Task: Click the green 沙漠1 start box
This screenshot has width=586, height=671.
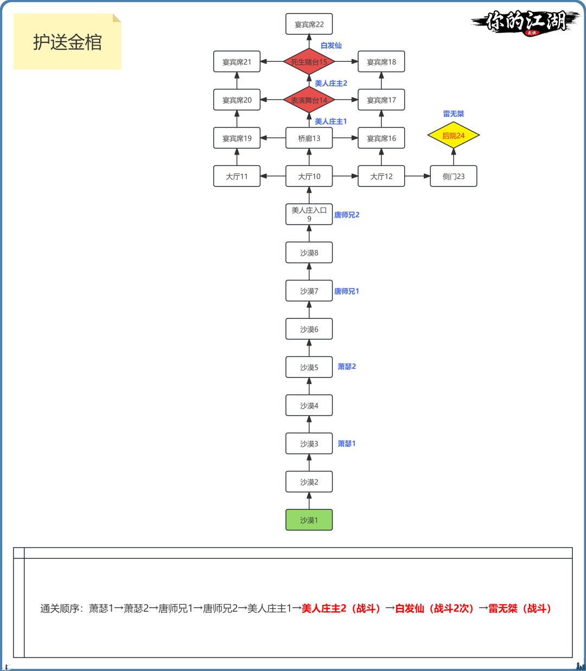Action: pyautogui.click(x=309, y=520)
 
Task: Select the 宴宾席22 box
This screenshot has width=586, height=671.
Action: pyautogui.click(x=309, y=24)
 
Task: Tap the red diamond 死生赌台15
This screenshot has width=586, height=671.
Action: pyautogui.click(x=309, y=62)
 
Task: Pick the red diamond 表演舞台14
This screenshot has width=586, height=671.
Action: pyautogui.click(x=309, y=100)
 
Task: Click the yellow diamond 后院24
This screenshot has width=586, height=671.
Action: pyautogui.click(x=453, y=136)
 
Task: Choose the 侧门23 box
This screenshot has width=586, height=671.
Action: pyautogui.click(x=453, y=176)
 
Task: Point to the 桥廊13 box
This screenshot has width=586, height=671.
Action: pyautogui.click(x=309, y=138)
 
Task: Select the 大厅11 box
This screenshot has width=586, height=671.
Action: pyautogui.click(x=237, y=176)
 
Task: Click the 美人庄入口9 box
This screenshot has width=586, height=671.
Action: pyautogui.click(x=309, y=214)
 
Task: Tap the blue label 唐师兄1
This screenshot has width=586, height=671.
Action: pyautogui.click(x=347, y=291)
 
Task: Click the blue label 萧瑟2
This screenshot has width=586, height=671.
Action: pyautogui.click(x=347, y=367)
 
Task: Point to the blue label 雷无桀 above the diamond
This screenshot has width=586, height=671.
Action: pyautogui.click(x=453, y=114)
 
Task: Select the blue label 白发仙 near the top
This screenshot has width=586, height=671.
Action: pyautogui.click(x=331, y=46)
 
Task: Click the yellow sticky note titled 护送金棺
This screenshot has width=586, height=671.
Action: pyautogui.click(x=67, y=42)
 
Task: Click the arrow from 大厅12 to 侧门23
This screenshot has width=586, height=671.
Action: pyautogui.click(x=417, y=176)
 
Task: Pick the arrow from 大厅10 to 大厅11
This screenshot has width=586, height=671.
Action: pyautogui.click(x=273, y=176)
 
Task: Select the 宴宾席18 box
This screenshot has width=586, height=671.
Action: pyautogui.click(x=381, y=62)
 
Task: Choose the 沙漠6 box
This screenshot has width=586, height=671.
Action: pyautogui.click(x=309, y=329)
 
